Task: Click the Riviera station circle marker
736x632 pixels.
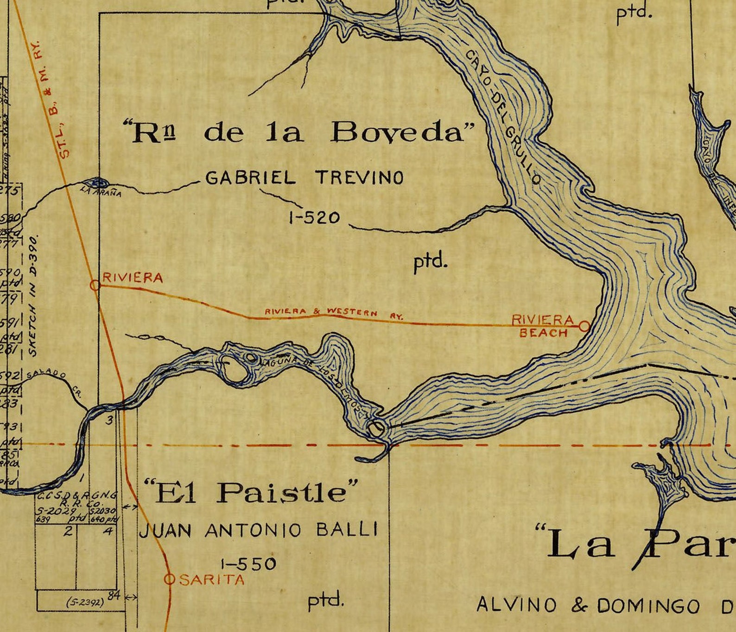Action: [95, 285]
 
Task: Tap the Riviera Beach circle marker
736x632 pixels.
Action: [584, 326]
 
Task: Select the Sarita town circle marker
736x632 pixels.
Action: [170, 579]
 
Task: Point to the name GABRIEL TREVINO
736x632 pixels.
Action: [304, 178]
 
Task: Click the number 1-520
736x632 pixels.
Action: [315, 217]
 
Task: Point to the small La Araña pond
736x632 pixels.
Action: [97, 182]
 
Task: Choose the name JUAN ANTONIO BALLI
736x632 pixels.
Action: [259, 530]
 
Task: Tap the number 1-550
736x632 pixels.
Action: [248, 564]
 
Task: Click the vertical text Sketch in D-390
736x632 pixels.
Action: [33, 297]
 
